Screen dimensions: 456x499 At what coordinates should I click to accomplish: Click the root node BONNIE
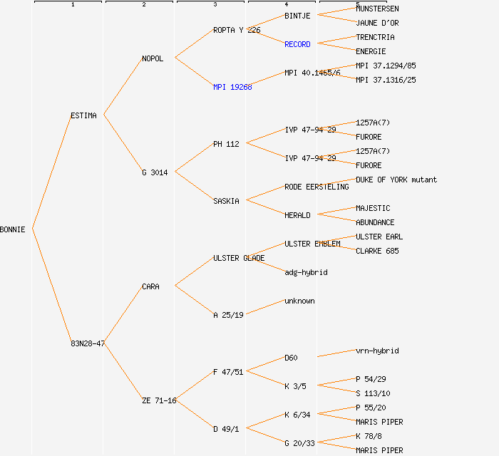point(13,229)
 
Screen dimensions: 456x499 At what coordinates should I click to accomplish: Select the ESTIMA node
point(83,115)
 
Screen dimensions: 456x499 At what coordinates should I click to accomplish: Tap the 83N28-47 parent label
point(88,343)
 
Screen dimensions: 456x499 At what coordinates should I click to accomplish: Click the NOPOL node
point(153,58)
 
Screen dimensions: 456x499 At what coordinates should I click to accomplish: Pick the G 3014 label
point(155,172)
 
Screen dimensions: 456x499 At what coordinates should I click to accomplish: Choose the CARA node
point(150,286)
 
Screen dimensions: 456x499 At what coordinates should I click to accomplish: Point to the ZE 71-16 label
point(159,400)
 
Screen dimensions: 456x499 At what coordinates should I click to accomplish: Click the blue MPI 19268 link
point(232,87)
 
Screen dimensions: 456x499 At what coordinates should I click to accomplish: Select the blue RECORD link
point(297,44)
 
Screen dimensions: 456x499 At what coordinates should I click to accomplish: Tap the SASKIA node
point(226,201)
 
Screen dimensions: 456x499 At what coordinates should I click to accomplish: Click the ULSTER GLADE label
point(239,258)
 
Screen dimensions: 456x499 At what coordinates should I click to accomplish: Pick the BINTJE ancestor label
point(297,16)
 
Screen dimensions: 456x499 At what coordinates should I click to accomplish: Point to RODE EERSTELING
point(317,187)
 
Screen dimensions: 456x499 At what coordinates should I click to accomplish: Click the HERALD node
point(297,215)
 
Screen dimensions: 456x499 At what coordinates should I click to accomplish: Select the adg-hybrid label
point(306,272)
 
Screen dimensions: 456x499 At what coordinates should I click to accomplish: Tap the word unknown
point(299,301)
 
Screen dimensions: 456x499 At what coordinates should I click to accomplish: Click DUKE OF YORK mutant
point(396,180)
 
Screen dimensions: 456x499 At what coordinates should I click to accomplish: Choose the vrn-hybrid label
point(377,351)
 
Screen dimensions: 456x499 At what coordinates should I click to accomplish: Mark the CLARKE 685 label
point(377,251)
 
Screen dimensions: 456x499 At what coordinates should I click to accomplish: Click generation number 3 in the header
point(215,5)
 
